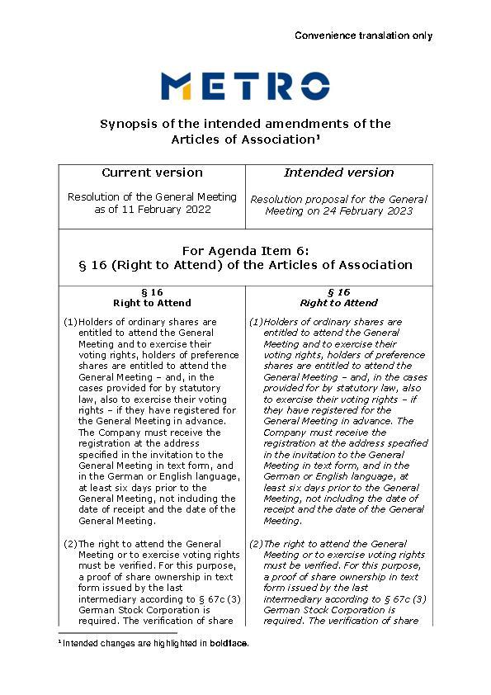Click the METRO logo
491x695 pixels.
tap(245, 86)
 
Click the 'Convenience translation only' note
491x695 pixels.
tap(363, 35)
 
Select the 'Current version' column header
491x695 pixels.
tap(152, 173)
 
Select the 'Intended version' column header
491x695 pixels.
tap(338, 173)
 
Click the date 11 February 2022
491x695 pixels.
tap(171, 210)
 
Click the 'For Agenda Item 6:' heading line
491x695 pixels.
tap(245, 250)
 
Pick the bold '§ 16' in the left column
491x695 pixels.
tap(152, 292)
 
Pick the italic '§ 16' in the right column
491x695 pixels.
tap(338, 292)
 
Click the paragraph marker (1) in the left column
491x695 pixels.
tap(70, 322)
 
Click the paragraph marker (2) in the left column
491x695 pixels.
tap(70, 544)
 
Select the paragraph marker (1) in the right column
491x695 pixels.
tap(256, 322)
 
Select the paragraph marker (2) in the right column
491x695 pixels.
tap(256, 544)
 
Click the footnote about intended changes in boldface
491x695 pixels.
tap(153, 643)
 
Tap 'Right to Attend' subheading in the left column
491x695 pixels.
tap(152, 303)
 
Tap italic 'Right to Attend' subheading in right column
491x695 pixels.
tap(338, 303)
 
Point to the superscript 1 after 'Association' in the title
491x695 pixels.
tap(318, 137)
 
